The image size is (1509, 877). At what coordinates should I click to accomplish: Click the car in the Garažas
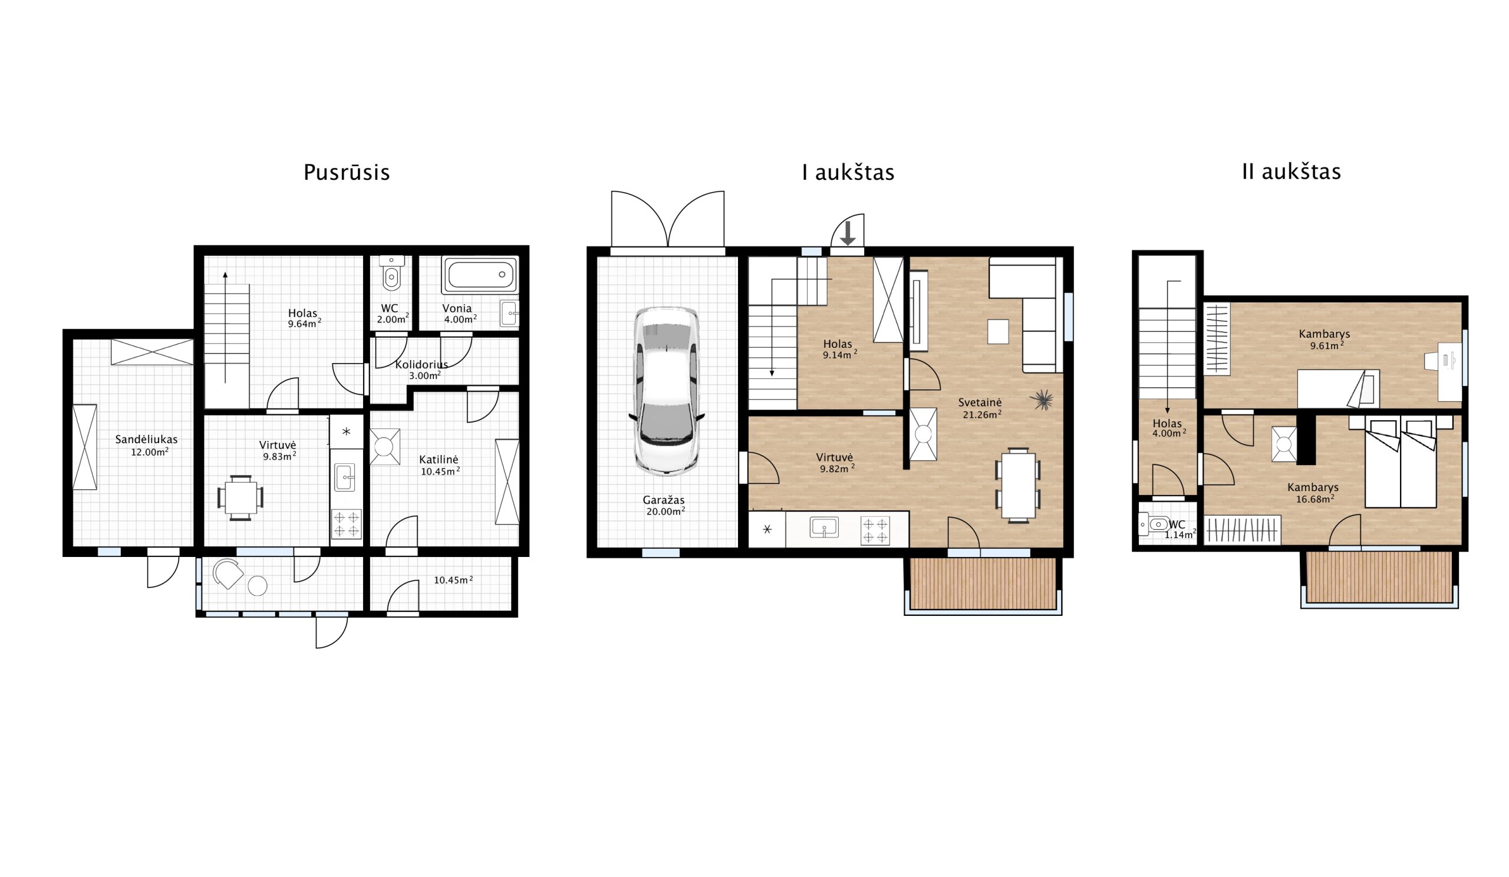pyautogui.click(x=666, y=391)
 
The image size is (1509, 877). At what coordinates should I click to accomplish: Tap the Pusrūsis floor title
pyautogui.click(x=347, y=173)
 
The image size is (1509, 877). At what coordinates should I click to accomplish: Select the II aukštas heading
pyautogui.click(x=1291, y=172)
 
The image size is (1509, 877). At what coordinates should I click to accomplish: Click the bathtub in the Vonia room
pyautogui.click(x=480, y=275)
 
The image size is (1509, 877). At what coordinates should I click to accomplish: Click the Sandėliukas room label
pyautogui.click(x=146, y=440)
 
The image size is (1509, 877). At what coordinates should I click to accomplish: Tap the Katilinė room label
pyautogui.click(x=439, y=460)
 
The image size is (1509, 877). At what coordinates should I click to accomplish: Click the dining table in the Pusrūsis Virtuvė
pyautogui.click(x=240, y=497)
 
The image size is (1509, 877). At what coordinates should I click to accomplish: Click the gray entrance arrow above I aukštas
pyautogui.click(x=847, y=233)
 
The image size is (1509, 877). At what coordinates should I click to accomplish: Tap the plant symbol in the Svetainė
pyautogui.click(x=1043, y=399)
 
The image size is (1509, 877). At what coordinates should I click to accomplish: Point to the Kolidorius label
pyautogui.click(x=421, y=365)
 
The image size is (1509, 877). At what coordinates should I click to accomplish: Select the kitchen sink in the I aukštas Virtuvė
pyautogui.click(x=824, y=527)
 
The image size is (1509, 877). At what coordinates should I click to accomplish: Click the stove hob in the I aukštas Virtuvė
pyautogui.click(x=875, y=530)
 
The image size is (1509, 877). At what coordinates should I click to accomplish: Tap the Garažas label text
pyautogui.click(x=664, y=500)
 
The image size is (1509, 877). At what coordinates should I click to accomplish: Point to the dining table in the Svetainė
pyautogui.click(x=1018, y=485)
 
